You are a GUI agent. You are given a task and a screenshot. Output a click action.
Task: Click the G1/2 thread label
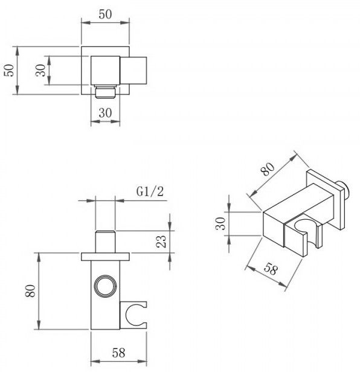click(150, 191)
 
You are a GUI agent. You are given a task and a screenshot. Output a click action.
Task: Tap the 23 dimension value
click(162, 242)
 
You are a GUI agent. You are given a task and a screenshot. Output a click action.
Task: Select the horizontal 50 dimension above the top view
click(105, 14)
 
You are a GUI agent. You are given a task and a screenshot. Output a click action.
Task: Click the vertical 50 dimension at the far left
click(9, 70)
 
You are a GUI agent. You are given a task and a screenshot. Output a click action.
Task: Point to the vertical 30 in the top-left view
click(40, 70)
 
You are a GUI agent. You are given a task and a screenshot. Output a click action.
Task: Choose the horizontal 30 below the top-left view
click(105, 113)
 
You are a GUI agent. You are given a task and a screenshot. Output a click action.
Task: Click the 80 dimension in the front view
click(30, 291)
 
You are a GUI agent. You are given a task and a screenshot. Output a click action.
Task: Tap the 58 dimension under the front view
click(118, 353)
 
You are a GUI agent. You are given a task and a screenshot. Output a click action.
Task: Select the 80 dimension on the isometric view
click(268, 168)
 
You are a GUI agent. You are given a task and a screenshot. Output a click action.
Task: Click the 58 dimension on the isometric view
click(271, 269)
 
